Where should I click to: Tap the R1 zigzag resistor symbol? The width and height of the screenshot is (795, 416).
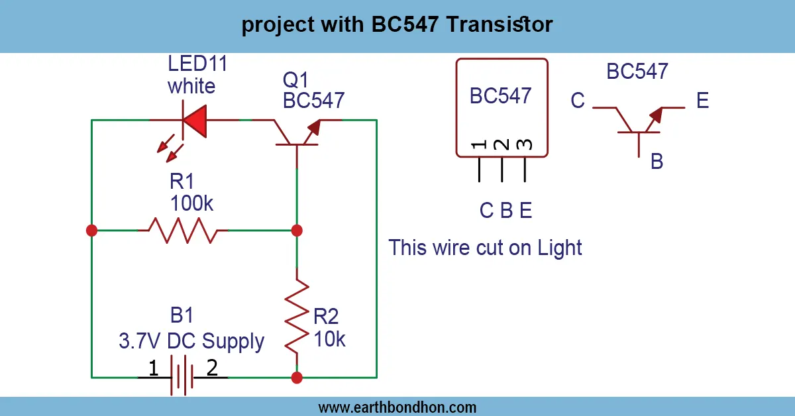(x=183, y=231)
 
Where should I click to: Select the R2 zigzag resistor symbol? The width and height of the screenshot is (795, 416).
(x=297, y=316)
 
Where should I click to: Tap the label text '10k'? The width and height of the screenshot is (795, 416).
(x=329, y=339)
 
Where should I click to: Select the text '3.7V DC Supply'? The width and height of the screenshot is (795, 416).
(x=191, y=342)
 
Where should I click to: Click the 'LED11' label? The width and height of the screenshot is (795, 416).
(x=197, y=64)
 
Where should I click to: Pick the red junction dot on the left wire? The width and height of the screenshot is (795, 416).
(x=92, y=231)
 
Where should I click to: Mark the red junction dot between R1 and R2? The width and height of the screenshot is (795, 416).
(x=297, y=231)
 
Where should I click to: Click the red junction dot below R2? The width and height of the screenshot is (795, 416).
(x=297, y=378)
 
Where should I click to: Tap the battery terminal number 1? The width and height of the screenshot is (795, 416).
(x=153, y=368)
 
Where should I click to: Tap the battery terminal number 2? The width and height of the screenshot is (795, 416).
(x=212, y=368)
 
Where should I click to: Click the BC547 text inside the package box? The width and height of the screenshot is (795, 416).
(x=501, y=95)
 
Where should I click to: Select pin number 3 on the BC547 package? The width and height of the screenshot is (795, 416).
(x=525, y=144)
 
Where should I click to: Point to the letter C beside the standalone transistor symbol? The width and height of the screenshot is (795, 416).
(x=578, y=101)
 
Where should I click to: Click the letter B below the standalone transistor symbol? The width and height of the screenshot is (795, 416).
(x=657, y=161)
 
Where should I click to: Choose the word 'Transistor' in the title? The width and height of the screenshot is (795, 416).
(x=500, y=25)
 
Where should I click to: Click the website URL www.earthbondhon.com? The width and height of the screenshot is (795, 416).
(x=397, y=407)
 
